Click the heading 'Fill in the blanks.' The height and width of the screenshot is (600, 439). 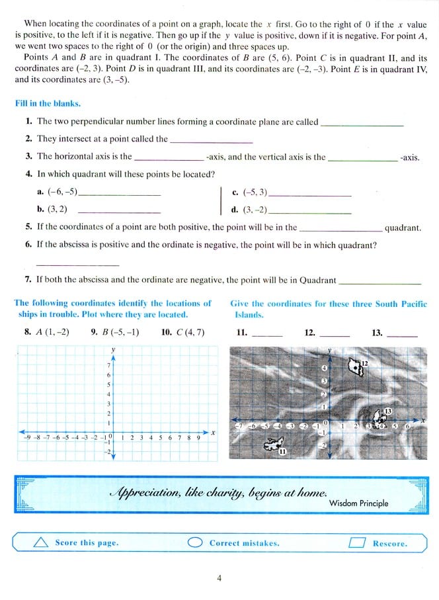click(48, 104)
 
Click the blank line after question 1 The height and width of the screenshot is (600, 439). click(361, 124)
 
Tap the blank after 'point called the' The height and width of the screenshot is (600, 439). click(212, 142)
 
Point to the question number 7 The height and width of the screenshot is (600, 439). click(28, 280)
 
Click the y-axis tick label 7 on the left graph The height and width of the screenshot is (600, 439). click(108, 365)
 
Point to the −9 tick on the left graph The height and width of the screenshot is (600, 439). click(27, 438)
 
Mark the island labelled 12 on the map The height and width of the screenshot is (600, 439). click(357, 366)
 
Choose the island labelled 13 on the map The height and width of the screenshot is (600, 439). click(381, 417)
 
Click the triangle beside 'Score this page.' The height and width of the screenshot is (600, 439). click(41, 542)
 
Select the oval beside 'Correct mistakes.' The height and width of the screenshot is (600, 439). click(195, 542)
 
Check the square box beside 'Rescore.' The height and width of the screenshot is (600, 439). click(357, 542)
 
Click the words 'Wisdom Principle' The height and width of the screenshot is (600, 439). click(358, 503)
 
